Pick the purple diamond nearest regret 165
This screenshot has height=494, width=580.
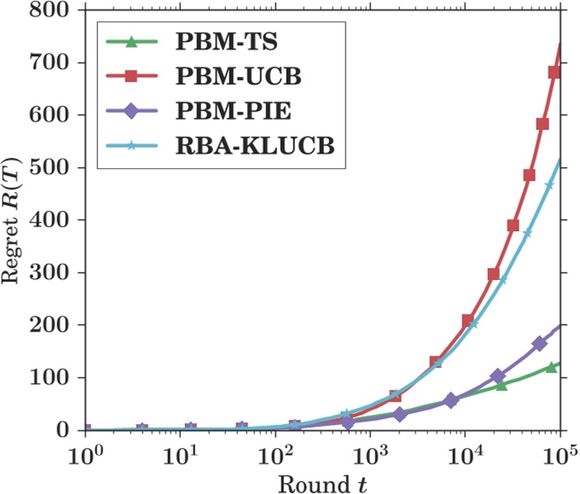point(539,344)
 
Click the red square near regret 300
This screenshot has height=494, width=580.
point(493,274)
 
